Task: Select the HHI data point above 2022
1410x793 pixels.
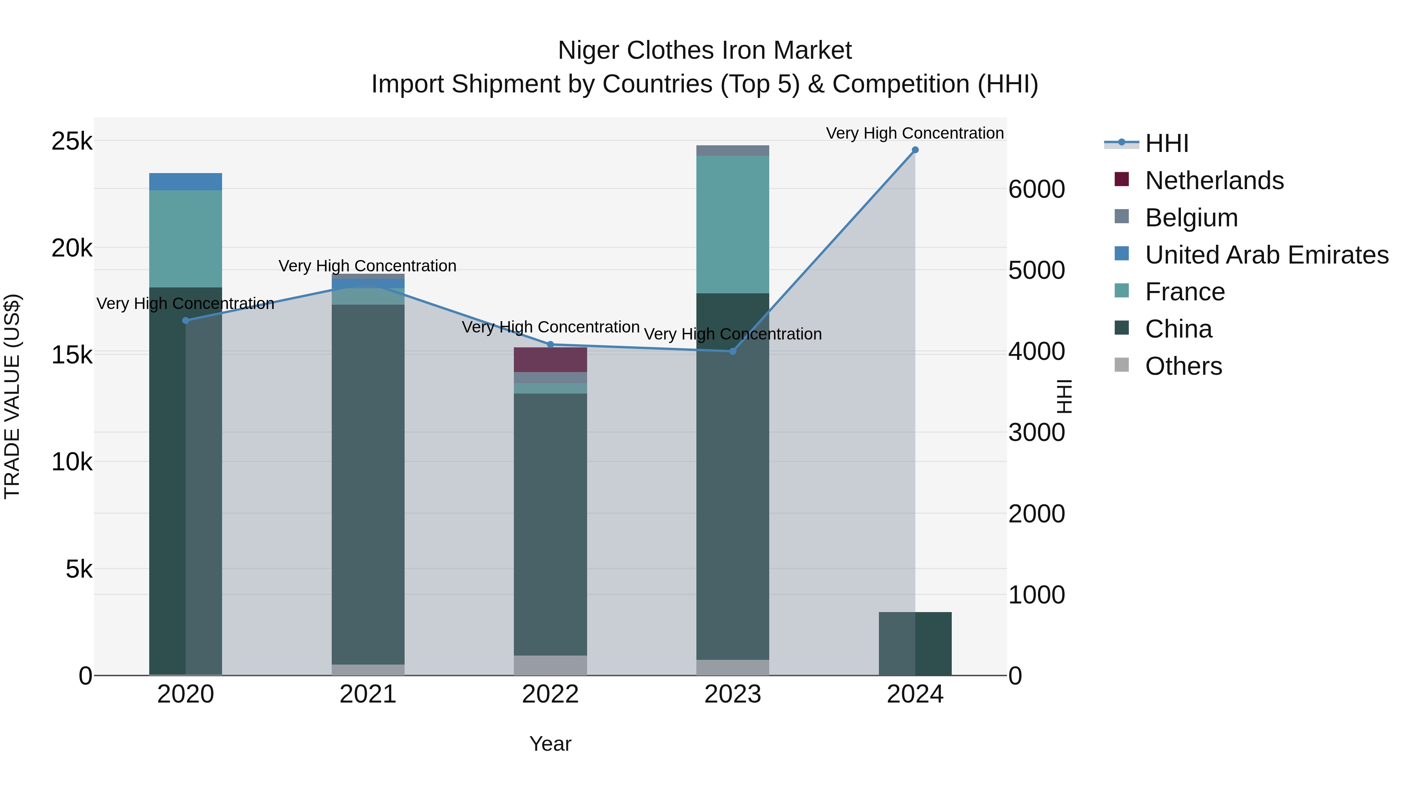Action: coord(550,345)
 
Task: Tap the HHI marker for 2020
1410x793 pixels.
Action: coord(186,321)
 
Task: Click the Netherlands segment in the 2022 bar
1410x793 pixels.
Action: coord(550,359)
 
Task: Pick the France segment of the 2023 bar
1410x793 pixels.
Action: coord(732,224)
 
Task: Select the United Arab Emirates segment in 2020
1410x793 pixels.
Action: coord(186,182)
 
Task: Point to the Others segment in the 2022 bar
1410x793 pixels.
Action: coord(550,665)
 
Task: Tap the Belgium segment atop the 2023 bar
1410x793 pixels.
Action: coord(732,150)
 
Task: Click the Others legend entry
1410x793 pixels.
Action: coord(1183,366)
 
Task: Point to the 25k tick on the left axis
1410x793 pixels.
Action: coord(72,141)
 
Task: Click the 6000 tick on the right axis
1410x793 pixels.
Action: coord(1036,190)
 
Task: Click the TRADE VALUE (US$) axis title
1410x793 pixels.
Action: coord(12,396)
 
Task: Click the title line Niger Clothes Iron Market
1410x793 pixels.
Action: coord(705,51)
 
